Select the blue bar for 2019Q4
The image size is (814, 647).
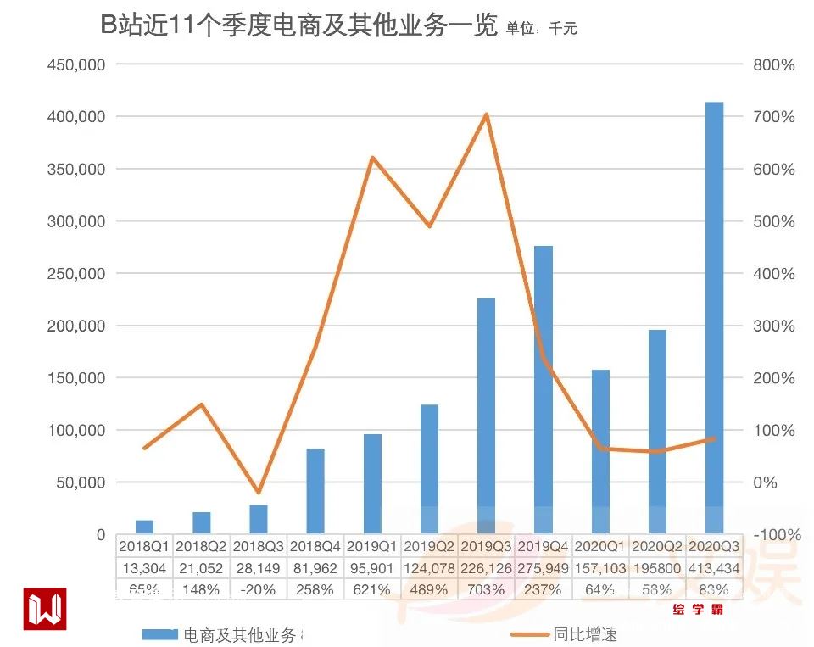544,390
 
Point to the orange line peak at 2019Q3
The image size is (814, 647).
487,114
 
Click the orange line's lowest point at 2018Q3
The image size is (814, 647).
259,493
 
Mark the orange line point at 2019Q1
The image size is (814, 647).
372,158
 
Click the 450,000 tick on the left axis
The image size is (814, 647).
75,64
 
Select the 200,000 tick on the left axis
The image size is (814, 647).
75,326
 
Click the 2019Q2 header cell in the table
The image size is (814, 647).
429,545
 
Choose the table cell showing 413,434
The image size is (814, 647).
714,568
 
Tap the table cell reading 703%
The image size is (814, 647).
487,589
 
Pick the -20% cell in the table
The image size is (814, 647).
258,589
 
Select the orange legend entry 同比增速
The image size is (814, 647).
585,634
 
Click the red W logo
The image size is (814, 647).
44,608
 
